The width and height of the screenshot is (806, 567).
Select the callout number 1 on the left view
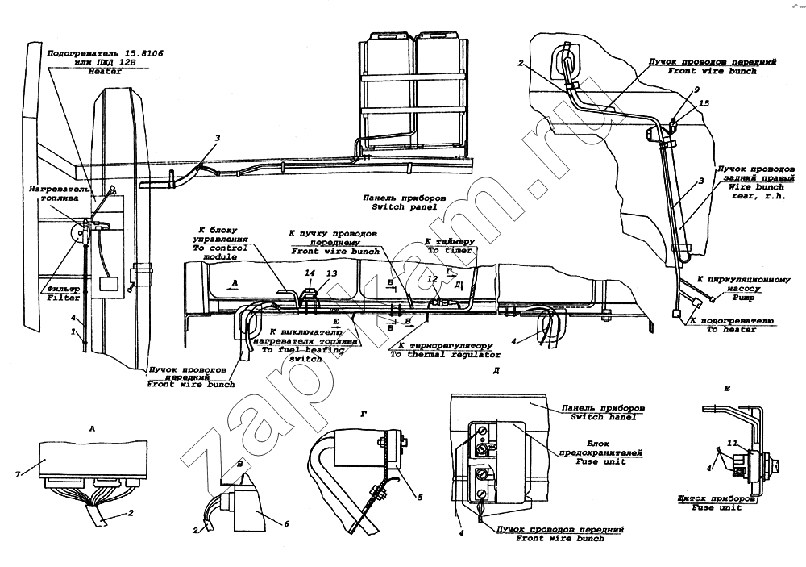click(72, 331)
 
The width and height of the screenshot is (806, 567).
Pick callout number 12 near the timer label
click(432, 279)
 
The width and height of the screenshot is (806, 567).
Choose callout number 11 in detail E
click(730, 444)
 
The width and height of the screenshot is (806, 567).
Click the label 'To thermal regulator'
click(434, 354)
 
